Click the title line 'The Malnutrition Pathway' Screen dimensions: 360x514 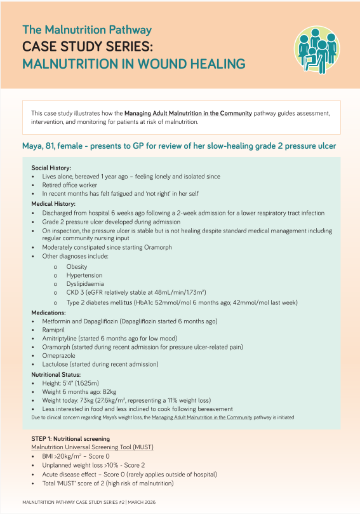pyautogui.click(x=87, y=30)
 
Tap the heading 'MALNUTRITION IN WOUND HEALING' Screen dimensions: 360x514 pyautogui.click(x=133, y=64)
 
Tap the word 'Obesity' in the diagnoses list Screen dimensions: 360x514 pyautogui.click(x=77, y=267)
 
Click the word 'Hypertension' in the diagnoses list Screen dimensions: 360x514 pyautogui.click(x=84, y=276)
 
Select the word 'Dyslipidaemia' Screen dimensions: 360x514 pyautogui.click(x=86, y=285)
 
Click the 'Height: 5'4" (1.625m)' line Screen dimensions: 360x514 pyautogui.click(x=70, y=384)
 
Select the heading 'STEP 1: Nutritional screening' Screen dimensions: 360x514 pyautogui.click(x=70, y=439)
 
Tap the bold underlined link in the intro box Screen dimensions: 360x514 pyautogui.click(x=188, y=113)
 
